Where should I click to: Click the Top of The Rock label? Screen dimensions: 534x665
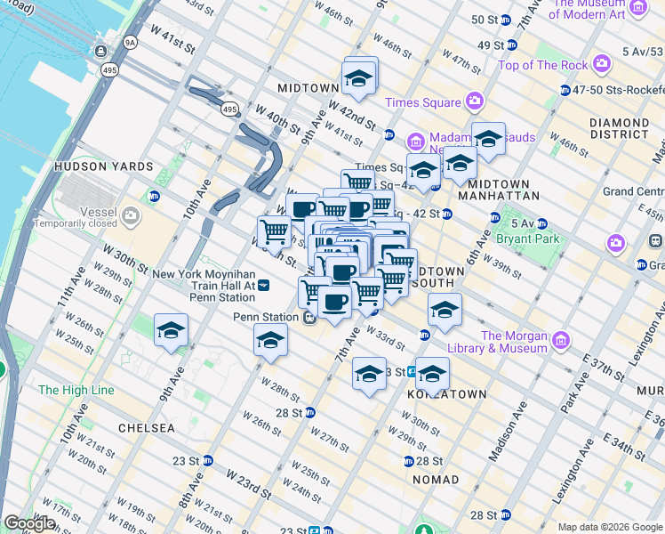[543, 65]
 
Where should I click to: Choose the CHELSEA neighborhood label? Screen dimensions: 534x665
[148, 428]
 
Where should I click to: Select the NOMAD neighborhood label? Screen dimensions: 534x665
[436, 480]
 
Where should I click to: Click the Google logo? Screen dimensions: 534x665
[29, 523]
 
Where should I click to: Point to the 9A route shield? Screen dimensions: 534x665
[131, 42]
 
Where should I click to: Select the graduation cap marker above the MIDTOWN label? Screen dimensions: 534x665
[360, 77]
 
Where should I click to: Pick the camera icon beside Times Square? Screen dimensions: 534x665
[474, 101]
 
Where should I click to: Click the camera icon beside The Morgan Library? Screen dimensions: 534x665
[560, 341]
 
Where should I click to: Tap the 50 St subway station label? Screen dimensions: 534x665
[485, 20]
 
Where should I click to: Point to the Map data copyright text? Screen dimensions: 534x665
[609, 527]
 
